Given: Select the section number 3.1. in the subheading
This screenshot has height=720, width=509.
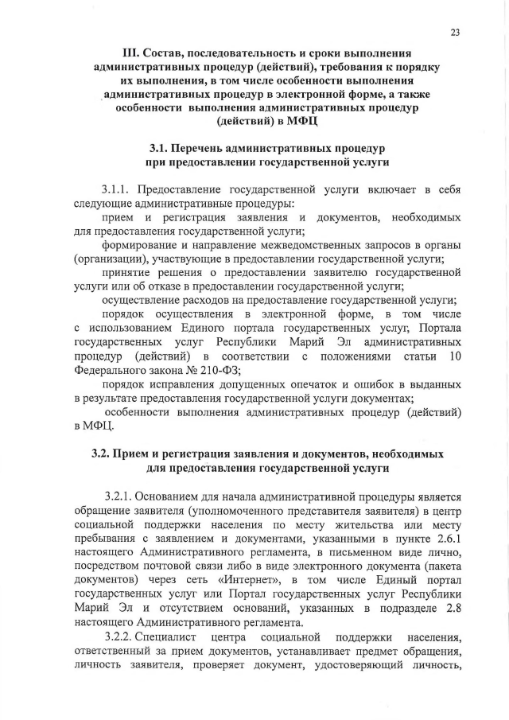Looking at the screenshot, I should [x=162, y=148].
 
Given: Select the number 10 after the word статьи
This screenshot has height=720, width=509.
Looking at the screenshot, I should [x=454, y=355].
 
